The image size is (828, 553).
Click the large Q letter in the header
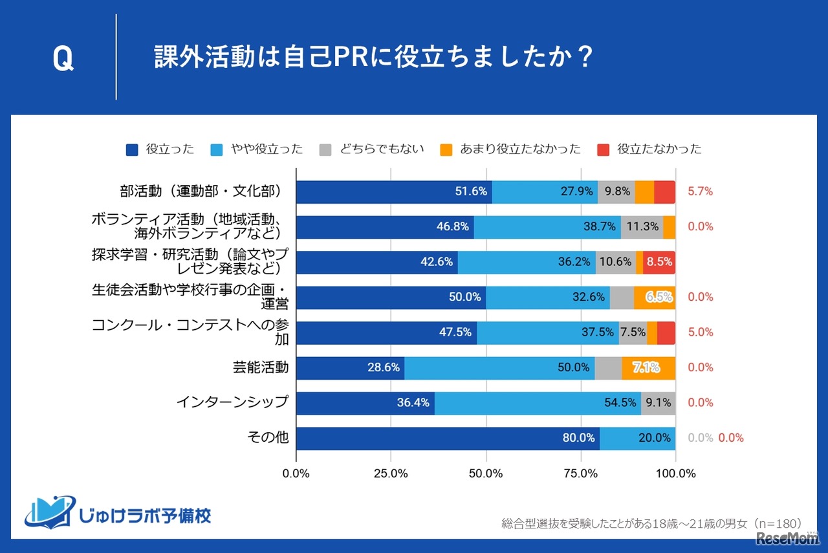(x=63, y=60)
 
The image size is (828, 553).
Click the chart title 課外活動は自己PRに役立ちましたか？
(x=373, y=58)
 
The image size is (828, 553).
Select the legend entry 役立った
(x=160, y=149)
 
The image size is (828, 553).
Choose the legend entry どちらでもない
(x=373, y=149)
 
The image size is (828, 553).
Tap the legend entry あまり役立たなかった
(x=510, y=149)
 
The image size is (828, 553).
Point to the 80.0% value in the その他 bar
(x=578, y=438)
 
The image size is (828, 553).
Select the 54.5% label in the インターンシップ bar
(x=620, y=403)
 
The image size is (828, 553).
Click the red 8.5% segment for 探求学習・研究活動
(x=659, y=263)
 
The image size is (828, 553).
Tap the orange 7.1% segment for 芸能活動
(x=647, y=368)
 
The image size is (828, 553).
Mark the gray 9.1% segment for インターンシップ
(x=658, y=403)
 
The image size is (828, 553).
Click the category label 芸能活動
(x=260, y=367)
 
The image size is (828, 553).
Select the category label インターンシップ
(x=232, y=402)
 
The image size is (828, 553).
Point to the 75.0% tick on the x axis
(x=580, y=473)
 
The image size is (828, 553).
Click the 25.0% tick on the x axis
(x=391, y=473)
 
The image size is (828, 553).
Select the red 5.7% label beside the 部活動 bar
(x=701, y=191)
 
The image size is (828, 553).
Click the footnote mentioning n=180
(x=651, y=523)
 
